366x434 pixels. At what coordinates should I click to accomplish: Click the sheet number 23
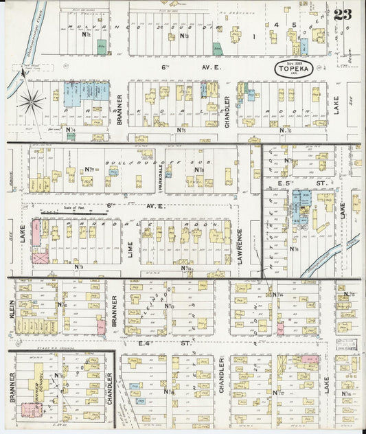[x=343, y=14]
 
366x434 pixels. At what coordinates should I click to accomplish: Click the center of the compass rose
[x=31, y=102]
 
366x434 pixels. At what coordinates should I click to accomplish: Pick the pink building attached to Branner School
[x=29, y=410]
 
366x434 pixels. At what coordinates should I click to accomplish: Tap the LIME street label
[x=130, y=241]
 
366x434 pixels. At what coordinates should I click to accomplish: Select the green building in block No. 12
[x=102, y=47]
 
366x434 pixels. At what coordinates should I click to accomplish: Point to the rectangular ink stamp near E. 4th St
[x=347, y=343]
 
